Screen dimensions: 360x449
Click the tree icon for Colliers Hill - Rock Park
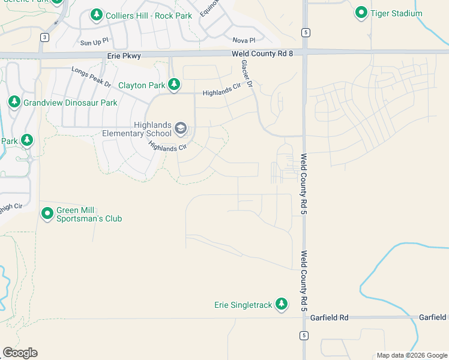[x=96, y=14]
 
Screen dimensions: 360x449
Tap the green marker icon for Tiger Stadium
[x=361, y=12]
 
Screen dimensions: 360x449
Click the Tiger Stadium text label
[x=396, y=13]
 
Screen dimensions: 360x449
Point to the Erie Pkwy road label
[x=124, y=55]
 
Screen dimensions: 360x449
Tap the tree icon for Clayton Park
[x=174, y=85]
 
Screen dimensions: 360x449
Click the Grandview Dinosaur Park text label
[x=70, y=103]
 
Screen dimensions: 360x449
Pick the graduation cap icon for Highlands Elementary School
[x=180, y=128]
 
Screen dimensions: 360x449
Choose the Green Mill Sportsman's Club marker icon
[x=47, y=213]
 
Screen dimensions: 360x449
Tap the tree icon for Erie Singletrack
[x=282, y=304]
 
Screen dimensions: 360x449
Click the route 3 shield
[x=44, y=37]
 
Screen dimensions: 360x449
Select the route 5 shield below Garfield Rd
[x=304, y=335]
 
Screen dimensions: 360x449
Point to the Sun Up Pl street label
[x=94, y=43]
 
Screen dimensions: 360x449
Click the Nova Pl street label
[x=244, y=40]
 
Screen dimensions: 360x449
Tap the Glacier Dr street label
[x=247, y=74]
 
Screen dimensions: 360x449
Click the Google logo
[x=20, y=353]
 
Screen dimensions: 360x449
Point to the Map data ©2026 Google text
[x=411, y=355]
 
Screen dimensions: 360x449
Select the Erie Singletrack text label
[x=244, y=305]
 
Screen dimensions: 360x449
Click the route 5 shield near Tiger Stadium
[x=306, y=32]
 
